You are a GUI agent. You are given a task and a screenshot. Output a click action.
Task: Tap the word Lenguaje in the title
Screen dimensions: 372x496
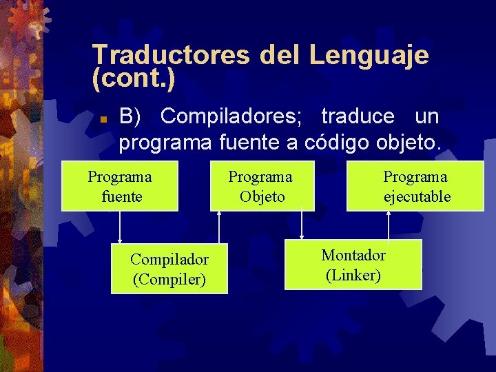pos(369,55)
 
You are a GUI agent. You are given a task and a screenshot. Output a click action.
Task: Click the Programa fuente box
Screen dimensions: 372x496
pos(120,186)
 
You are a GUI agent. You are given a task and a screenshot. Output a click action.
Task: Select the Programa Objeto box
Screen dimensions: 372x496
pos(262,186)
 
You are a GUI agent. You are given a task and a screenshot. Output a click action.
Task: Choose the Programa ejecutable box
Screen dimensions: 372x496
pos(416,186)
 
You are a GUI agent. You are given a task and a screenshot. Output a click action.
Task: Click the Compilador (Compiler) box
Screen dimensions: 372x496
pos(169,269)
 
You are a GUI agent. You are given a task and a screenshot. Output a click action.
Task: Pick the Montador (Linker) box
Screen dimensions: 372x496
pos(353,265)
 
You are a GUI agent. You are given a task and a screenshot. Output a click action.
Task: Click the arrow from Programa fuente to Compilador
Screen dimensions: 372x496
pos(120,227)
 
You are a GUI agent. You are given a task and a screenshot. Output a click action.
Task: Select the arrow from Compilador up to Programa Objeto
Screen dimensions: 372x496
pos(219,227)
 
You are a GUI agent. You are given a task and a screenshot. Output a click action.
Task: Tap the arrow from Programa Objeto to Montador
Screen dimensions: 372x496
pos(302,226)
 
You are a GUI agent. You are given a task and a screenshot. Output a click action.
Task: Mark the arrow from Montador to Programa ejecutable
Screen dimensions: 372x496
pos(389,225)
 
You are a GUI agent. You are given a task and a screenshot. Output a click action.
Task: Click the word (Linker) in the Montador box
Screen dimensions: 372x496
pos(353,276)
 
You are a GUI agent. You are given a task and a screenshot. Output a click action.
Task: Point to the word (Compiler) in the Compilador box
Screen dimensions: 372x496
pos(169,279)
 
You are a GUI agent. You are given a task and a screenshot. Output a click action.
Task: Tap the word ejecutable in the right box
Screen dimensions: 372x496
pos(417,197)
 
